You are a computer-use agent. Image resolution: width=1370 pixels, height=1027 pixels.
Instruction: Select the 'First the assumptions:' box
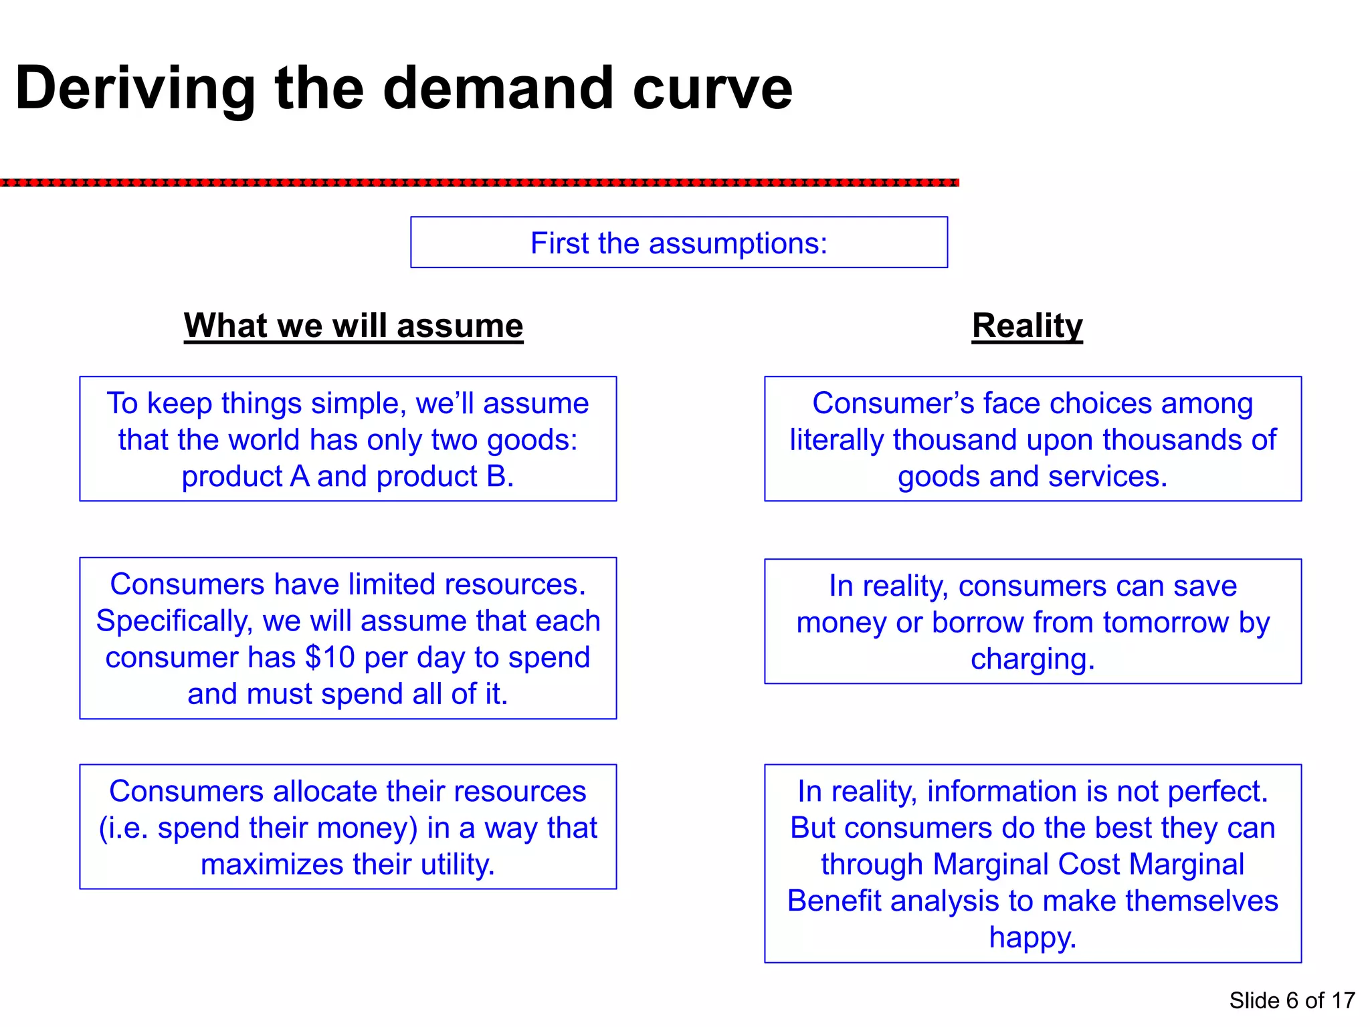coord(678,243)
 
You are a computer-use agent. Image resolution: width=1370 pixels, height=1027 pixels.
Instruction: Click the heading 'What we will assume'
coord(353,326)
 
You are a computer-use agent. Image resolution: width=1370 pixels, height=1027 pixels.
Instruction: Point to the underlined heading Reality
coord(1027,326)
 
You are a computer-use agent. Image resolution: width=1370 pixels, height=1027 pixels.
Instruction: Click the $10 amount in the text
coord(330,658)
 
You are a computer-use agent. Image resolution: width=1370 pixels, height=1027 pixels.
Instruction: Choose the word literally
coord(837,441)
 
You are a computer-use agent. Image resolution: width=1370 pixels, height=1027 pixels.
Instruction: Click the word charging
coord(1032,659)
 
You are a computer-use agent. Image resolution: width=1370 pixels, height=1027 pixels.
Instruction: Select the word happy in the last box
coord(1032,937)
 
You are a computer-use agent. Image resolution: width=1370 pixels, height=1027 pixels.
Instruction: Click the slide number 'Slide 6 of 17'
coord(1292,1001)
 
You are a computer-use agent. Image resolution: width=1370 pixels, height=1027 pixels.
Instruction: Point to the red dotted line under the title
coord(479,183)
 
